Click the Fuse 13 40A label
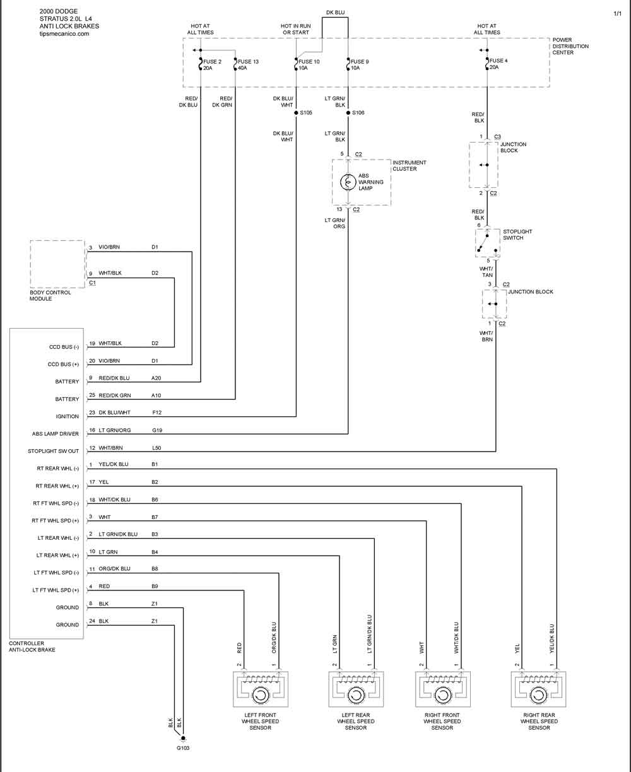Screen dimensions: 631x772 248,65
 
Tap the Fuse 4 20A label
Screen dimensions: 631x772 498,64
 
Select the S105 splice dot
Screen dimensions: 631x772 296,113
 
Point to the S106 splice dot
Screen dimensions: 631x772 348,113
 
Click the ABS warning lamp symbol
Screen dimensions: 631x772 348,182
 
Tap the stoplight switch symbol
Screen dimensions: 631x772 487,243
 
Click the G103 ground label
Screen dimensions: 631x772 183,748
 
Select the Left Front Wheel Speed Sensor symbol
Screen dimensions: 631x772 261,689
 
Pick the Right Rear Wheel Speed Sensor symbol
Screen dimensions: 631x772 538,689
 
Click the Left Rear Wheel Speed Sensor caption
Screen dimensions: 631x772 356,721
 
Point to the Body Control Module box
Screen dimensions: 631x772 57,264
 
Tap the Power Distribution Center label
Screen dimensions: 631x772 570,46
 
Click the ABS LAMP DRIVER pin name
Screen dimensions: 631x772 56,434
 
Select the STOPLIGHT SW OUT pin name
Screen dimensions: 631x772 54,451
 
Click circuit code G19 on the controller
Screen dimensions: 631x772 157,430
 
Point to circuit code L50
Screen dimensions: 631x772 156,448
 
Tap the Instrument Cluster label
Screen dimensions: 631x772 410,165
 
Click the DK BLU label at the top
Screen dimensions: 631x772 336,13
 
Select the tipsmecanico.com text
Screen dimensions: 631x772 64,33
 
